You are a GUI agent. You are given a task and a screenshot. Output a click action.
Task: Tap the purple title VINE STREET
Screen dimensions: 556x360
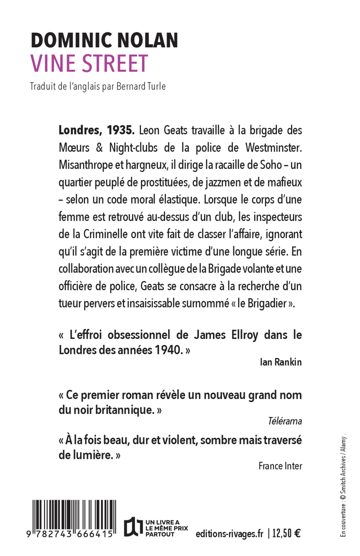(x=89, y=63)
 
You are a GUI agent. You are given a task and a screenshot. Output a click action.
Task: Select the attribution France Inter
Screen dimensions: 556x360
(x=280, y=466)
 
